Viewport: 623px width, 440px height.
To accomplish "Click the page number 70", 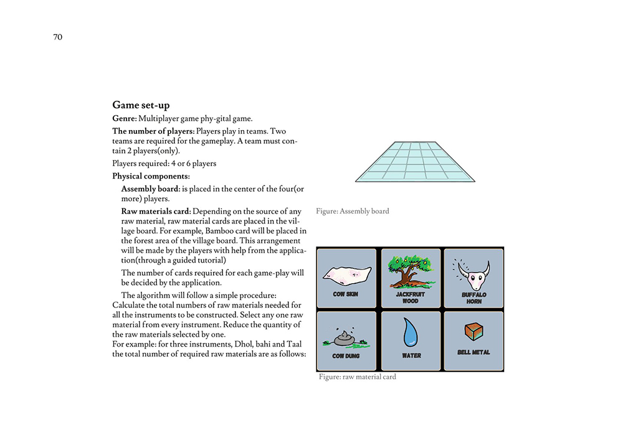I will pyautogui.click(x=57, y=37).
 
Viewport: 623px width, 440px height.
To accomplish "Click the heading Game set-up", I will pyautogui.click(x=141, y=105).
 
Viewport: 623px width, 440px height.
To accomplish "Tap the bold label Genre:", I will pyautogui.click(x=124, y=118).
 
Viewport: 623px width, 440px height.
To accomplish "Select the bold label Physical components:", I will pyautogui.click(x=151, y=176).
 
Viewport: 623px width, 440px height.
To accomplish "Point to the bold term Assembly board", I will pyautogui.click(x=150, y=189).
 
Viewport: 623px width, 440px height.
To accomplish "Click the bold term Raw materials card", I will pyautogui.click(x=155, y=212).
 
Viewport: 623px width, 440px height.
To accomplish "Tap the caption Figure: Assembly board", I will pyautogui.click(x=352, y=212).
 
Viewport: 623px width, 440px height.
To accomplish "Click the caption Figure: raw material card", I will pyautogui.click(x=357, y=377).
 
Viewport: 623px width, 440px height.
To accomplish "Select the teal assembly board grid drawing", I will pyautogui.click(x=414, y=162).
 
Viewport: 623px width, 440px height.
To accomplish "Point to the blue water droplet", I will pyautogui.click(x=411, y=333).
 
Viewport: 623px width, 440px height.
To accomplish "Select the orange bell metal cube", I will pyautogui.click(x=474, y=331).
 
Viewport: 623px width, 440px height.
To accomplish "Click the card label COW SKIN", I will pyautogui.click(x=346, y=294).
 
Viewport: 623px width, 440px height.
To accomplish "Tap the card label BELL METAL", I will pyautogui.click(x=473, y=352).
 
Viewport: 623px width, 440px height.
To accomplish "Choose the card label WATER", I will pyautogui.click(x=411, y=356).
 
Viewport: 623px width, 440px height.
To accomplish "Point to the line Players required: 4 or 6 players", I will pyautogui.click(x=164, y=164).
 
